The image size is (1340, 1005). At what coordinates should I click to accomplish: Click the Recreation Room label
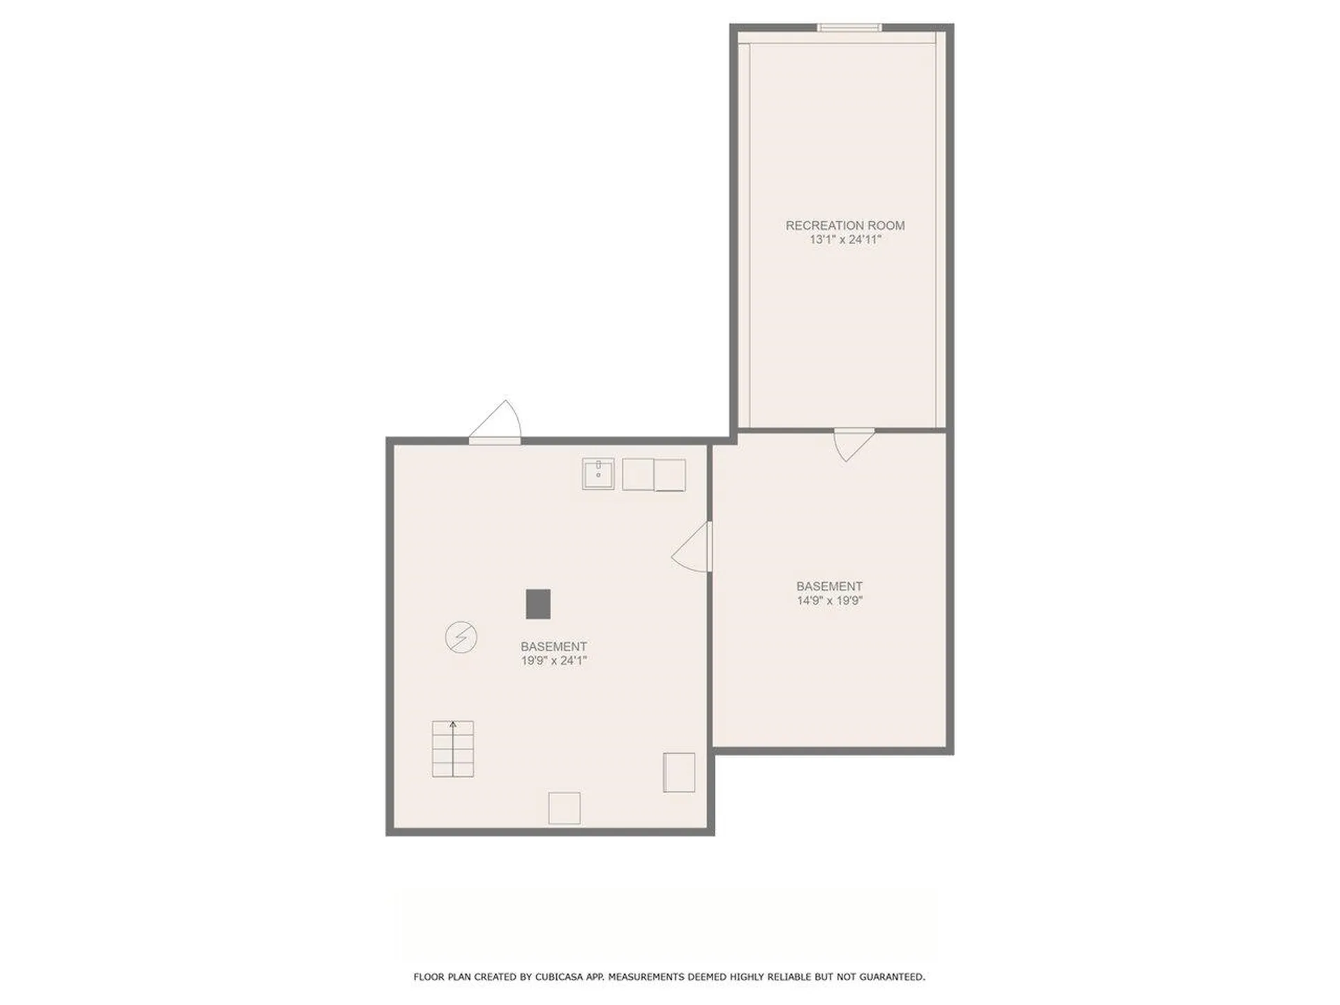pyautogui.click(x=844, y=225)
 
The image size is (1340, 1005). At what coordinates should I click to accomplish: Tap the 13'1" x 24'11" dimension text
pyautogui.click(x=845, y=239)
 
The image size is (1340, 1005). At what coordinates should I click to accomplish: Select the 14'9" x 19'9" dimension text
pyautogui.click(x=830, y=600)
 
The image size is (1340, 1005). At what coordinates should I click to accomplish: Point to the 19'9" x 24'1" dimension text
pyautogui.click(x=553, y=660)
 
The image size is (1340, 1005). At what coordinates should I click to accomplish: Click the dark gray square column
pyautogui.click(x=538, y=604)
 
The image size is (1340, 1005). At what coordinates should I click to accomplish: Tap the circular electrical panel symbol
pyautogui.click(x=461, y=637)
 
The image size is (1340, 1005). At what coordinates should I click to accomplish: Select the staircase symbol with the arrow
pyautogui.click(x=453, y=749)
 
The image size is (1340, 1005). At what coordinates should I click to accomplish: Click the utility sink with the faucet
pyautogui.click(x=598, y=474)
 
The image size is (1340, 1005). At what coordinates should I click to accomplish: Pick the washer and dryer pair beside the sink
pyautogui.click(x=654, y=475)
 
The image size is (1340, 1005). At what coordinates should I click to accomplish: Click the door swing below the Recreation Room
pyautogui.click(x=854, y=445)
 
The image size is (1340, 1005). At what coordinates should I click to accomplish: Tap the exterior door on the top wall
pyautogui.click(x=495, y=422)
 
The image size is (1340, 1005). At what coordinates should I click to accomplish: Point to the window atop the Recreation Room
pyautogui.click(x=849, y=28)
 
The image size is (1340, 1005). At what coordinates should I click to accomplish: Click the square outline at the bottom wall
pyautogui.click(x=564, y=808)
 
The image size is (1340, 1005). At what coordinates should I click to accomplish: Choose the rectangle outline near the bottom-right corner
pyautogui.click(x=679, y=773)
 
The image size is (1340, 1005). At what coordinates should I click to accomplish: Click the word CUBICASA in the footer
pyautogui.click(x=560, y=977)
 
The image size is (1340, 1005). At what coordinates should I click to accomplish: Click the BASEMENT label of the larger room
pyautogui.click(x=553, y=646)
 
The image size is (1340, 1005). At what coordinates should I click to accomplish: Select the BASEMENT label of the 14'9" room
pyautogui.click(x=830, y=586)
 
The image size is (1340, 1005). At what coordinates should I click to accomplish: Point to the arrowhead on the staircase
pyautogui.click(x=453, y=724)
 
